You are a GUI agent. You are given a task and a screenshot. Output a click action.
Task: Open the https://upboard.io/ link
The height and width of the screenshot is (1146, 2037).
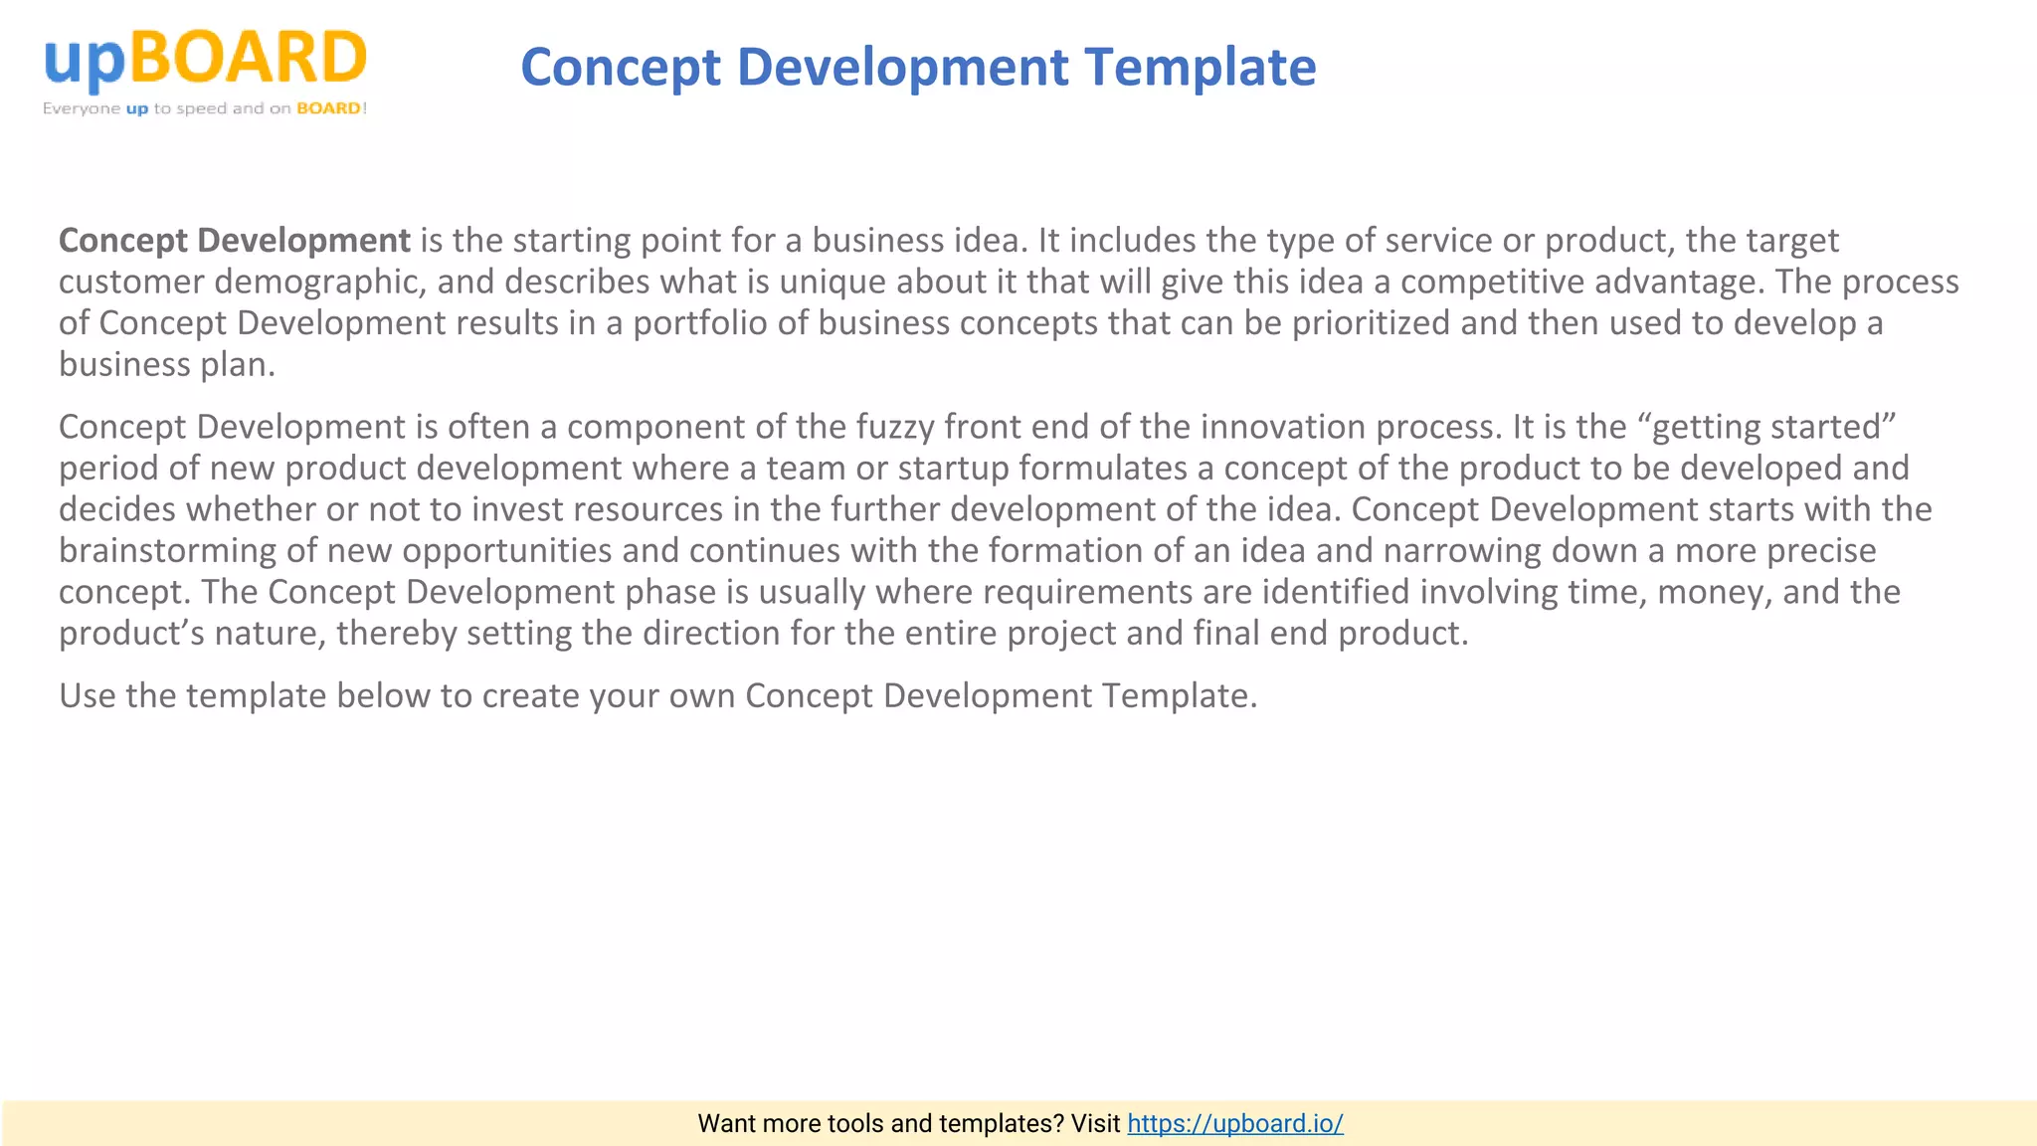[1234, 1123]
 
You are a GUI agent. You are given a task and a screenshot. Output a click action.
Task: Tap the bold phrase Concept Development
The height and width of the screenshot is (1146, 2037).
[234, 240]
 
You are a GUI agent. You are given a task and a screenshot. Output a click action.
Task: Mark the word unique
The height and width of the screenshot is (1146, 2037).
[833, 282]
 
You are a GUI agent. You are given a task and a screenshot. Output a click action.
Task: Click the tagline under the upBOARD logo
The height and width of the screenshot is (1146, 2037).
[205, 108]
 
